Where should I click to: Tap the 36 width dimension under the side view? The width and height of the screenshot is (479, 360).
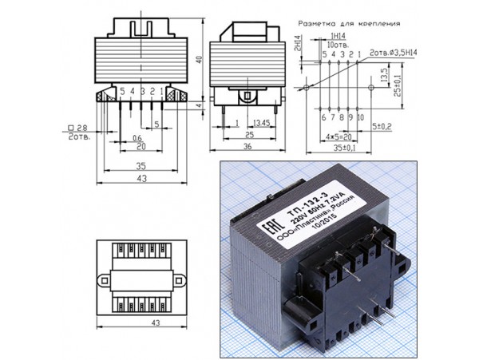pyautogui.click(x=247, y=147)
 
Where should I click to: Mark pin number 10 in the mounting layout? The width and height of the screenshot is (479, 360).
pyautogui.click(x=361, y=117)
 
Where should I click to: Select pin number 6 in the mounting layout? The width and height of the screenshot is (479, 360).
pyautogui.click(x=323, y=117)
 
